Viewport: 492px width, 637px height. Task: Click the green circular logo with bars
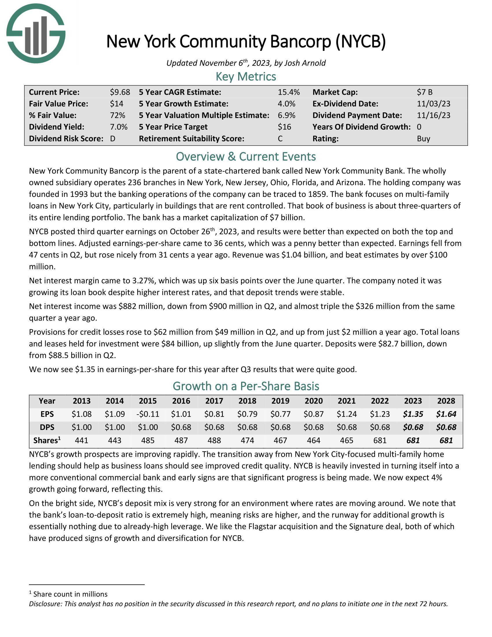pos(36,34)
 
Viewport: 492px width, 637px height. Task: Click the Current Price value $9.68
pos(120,92)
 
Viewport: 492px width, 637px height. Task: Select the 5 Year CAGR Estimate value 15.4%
pos(289,92)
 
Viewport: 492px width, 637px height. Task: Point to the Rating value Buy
pos(423,138)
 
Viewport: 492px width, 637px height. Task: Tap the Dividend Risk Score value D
pos(113,138)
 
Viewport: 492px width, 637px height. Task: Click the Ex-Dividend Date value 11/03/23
pos(434,104)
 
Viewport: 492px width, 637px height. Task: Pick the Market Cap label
pos(335,92)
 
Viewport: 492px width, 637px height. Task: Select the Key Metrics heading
pos(246,77)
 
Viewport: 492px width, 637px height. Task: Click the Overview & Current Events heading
pos(246,157)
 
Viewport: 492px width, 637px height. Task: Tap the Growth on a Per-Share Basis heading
pos(246,386)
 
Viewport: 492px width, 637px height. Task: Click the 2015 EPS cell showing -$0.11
pos(148,414)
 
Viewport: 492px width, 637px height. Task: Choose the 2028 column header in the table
pos(446,401)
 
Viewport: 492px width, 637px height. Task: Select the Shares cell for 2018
pos(247,440)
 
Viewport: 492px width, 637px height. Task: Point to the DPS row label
pos(47,427)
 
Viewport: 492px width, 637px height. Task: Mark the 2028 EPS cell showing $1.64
pos(446,414)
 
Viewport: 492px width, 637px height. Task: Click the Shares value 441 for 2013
pos(82,440)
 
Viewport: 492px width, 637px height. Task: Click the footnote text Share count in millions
pos(70,594)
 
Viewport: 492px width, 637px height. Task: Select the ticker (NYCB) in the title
pos(360,41)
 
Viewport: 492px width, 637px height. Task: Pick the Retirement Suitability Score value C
pos(280,138)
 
